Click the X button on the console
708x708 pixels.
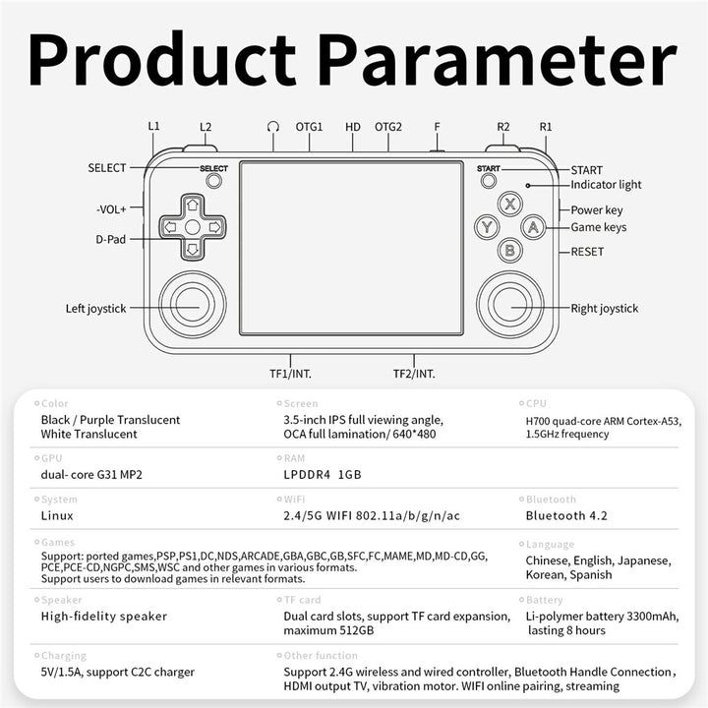(x=508, y=205)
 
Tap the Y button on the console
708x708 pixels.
(x=487, y=227)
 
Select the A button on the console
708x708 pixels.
(x=532, y=227)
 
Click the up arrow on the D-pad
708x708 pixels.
(x=193, y=205)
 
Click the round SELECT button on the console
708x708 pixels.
(x=213, y=181)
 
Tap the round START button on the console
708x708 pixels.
(x=488, y=181)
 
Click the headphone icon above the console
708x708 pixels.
(x=272, y=127)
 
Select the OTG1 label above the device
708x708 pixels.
(x=309, y=127)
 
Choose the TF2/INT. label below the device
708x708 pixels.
(x=414, y=373)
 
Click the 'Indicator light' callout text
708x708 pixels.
(x=606, y=185)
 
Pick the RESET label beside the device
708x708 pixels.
(x=588, y=252)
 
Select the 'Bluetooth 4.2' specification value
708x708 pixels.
(x=566, y=515)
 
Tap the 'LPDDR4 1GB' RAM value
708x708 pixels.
(x=323, y=474)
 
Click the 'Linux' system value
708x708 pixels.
(x=57, y=515)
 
